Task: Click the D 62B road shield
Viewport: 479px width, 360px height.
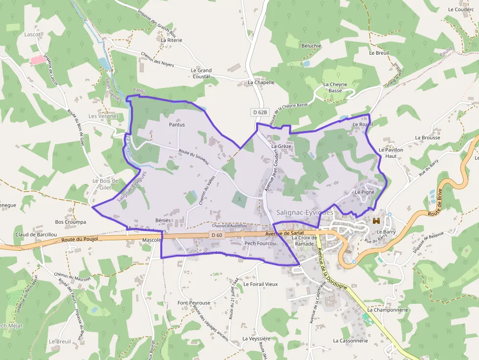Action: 261,112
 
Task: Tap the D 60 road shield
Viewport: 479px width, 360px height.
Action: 217,235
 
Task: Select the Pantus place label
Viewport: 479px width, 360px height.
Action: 177,125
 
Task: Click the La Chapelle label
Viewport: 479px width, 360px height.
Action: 261,83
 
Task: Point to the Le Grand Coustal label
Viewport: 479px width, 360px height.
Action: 201,73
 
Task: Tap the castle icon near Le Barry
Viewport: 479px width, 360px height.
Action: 376,221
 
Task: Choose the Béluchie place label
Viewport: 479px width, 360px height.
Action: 311,46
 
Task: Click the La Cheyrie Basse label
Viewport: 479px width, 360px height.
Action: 335,87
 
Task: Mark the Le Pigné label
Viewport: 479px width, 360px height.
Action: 365,192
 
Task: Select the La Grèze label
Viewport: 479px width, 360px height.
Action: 281,146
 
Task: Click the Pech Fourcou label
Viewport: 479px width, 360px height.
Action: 261,243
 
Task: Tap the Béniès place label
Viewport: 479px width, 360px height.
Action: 163,220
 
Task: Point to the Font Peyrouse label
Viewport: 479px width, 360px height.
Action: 194,303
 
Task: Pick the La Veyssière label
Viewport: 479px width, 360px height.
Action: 256,339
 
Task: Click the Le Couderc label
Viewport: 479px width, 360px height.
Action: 461,9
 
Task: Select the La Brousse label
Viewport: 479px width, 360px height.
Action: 428,138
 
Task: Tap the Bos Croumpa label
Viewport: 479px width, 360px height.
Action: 70,222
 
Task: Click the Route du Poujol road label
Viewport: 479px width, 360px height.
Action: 80,239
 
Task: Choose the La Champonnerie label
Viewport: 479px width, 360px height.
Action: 388,310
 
